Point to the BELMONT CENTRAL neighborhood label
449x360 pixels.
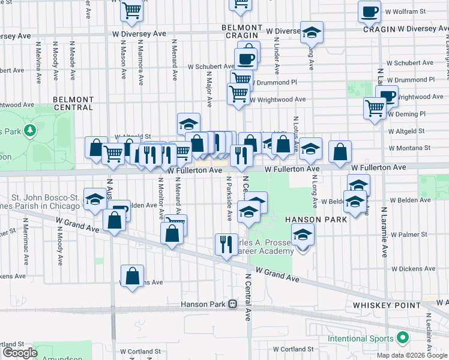pos(73,103)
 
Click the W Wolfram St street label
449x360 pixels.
pos(405,11)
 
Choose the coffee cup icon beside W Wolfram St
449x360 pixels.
pos(369,11)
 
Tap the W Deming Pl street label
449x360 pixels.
pos(406,113)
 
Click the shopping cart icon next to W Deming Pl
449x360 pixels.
pos(375,108)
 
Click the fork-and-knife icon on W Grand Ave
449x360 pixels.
pos(226,244)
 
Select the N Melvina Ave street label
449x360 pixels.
pos(38,62)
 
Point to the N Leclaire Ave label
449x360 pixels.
pos(429,336)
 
